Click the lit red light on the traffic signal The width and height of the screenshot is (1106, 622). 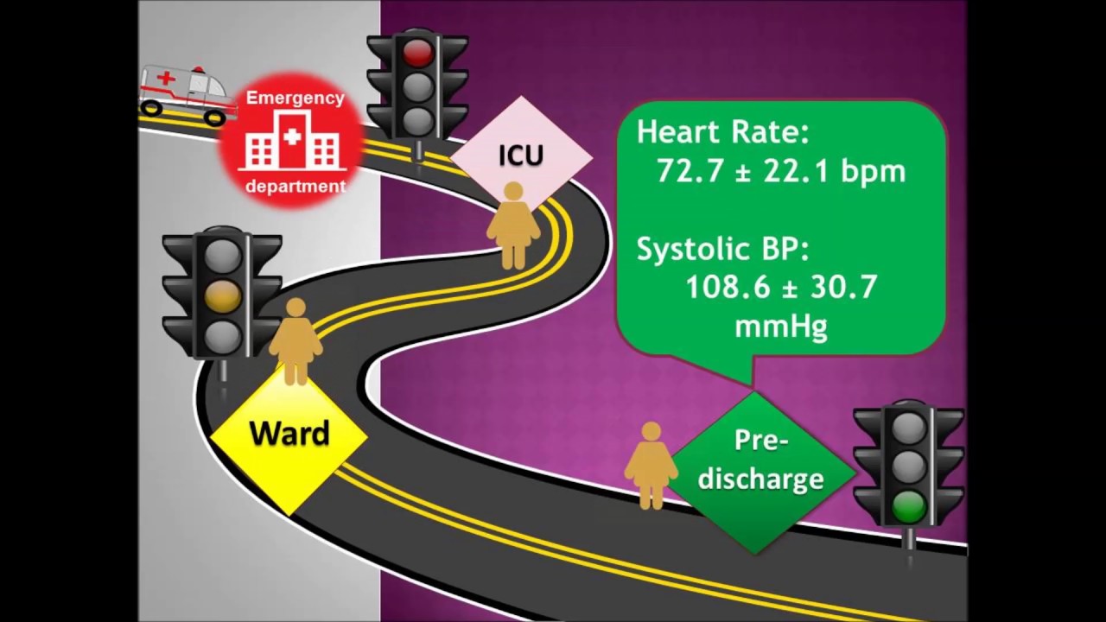[x=417, y=53]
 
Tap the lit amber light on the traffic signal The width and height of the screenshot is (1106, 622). [x=223, y=295]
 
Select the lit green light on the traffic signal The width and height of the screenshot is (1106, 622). [x=908, y=507]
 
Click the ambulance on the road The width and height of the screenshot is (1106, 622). [x=186, y=95]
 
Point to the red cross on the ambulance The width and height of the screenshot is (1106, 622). [x=167, y=79]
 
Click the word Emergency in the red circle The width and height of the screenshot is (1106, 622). [x=296, y=98]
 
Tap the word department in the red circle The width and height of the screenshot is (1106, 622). [x=296, y=187]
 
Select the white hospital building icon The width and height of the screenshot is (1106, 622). [x=292, y=140]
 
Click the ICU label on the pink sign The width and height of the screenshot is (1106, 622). [x=521, y=155]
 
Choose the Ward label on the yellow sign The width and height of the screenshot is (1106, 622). [x=289, y=433]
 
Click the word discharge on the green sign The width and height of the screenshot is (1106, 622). [x=761, y=478]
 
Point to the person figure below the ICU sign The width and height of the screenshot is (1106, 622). [x=513, y=225]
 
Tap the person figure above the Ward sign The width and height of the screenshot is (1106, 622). [x=296, y=341]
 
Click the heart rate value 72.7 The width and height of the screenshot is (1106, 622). [x=690, y=171]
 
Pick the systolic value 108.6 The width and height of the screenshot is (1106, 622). [x=728, y=287]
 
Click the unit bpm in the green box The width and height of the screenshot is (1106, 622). [x=874, y=173]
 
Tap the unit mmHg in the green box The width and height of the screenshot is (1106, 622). [x=781, y=327]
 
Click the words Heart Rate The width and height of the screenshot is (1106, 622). [x=723, y=132]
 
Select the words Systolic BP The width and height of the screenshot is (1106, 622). [x=723, y=249]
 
